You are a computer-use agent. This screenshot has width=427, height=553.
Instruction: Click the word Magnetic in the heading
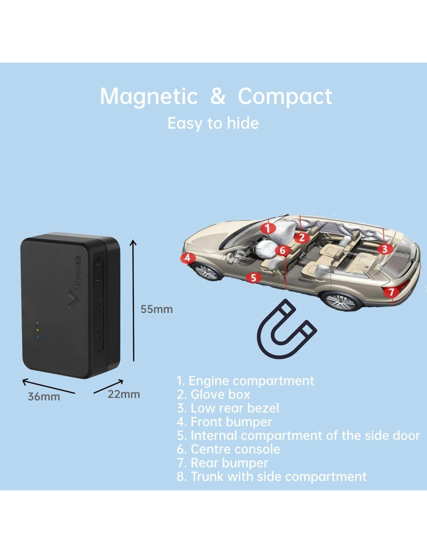(x=149, y=96)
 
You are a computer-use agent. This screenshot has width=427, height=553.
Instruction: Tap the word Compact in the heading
(x=285, y=96)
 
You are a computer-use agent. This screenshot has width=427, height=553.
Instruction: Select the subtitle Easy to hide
(x=213, y=123)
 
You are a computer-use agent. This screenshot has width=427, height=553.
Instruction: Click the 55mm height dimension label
(x=156, y=309)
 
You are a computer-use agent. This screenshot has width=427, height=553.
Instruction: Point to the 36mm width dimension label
(x=44, y=397)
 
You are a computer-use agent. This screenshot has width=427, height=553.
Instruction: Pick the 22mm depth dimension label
(x=123, y=394)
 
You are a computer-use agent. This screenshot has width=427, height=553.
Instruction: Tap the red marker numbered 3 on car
(x=385, y=249)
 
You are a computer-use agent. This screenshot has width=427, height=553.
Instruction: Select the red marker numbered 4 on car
(x=187, y=257)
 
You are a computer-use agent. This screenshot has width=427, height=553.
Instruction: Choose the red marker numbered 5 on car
(x=253, y=277)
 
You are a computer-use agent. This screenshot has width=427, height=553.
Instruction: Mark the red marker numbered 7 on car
(x=391, y=292)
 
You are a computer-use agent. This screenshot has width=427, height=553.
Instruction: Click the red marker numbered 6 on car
(x=282, y=250)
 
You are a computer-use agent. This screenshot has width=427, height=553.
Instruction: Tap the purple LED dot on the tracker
(x=37, y=323)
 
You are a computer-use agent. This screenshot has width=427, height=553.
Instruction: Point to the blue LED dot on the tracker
(x=37, y=337)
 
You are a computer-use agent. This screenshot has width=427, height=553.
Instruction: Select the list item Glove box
(x=213, y=394)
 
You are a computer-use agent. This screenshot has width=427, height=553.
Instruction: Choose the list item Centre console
(x=228, y=449)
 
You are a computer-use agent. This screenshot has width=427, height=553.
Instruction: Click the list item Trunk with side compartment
(x=271, y=476)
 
